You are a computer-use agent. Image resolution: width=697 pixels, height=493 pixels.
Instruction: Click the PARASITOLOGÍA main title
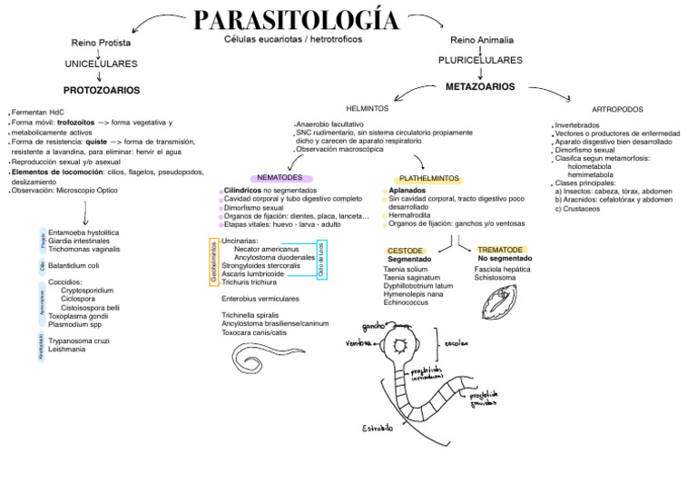coord(295,20)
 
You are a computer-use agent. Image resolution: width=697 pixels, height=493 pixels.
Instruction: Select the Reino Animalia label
coord(482,41)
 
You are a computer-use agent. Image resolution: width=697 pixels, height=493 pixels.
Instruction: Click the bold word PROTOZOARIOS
coord(101,91)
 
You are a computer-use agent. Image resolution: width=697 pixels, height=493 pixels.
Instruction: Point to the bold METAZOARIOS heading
coord(480,86)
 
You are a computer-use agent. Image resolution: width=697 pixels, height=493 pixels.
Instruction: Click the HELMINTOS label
coord(367,109)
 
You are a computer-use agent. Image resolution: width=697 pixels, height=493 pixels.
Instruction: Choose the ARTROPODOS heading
coord(617,109)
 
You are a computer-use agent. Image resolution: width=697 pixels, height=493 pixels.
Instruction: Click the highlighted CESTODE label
coord(405,250)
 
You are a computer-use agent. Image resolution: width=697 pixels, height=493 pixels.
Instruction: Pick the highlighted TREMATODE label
coord(500,249)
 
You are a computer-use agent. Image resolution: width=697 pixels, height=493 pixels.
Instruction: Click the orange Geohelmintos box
coord(214,262)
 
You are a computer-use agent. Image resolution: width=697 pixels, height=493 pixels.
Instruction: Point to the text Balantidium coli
coord(74,265)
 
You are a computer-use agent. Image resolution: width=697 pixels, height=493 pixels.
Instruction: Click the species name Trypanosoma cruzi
coord(79,340)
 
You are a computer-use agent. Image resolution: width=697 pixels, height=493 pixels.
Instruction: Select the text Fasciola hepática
coord(502,269)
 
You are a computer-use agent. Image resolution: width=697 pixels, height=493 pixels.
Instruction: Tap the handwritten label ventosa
coord(359,344)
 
